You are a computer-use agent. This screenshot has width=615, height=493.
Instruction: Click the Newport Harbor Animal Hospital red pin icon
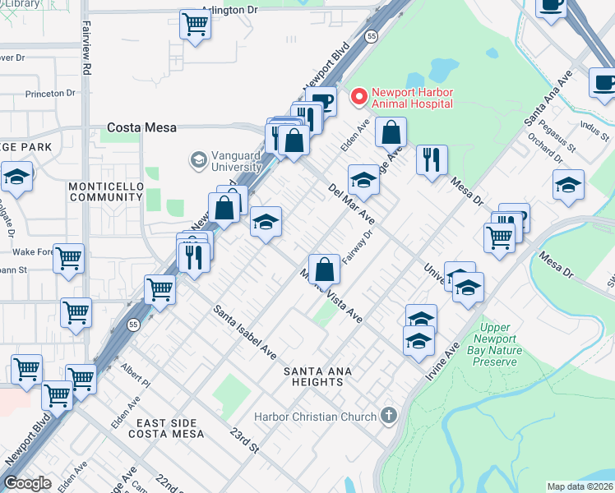pyautogui.click(x=358, y=97)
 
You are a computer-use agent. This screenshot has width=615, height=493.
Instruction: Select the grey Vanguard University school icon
pyautogui.click(x=197, y=159)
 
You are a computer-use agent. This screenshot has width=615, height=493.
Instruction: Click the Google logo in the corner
pyautogui.click(x=27, y=483)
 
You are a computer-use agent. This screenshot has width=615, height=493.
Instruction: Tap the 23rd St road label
pyautogui.click(x=244, y=440)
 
